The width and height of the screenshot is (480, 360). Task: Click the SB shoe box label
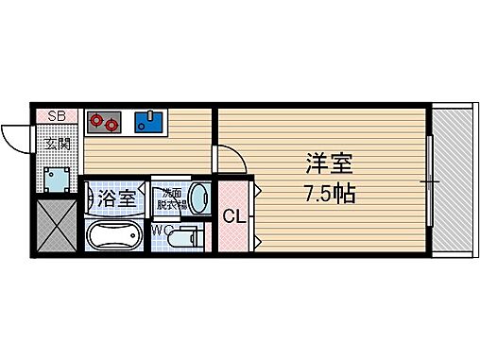click(x=57, y=116)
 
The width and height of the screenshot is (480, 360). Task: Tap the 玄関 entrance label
click(x=58, y=144)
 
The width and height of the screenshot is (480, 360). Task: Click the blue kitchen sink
click(x=147, y=120)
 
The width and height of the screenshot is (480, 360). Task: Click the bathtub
click(x=114, y=236)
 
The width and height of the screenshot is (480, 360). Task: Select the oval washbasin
click(x=198, y=197)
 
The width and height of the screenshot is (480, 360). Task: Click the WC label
click(x=162, y=229)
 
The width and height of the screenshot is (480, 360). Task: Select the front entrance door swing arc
click(x=17, y=140)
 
